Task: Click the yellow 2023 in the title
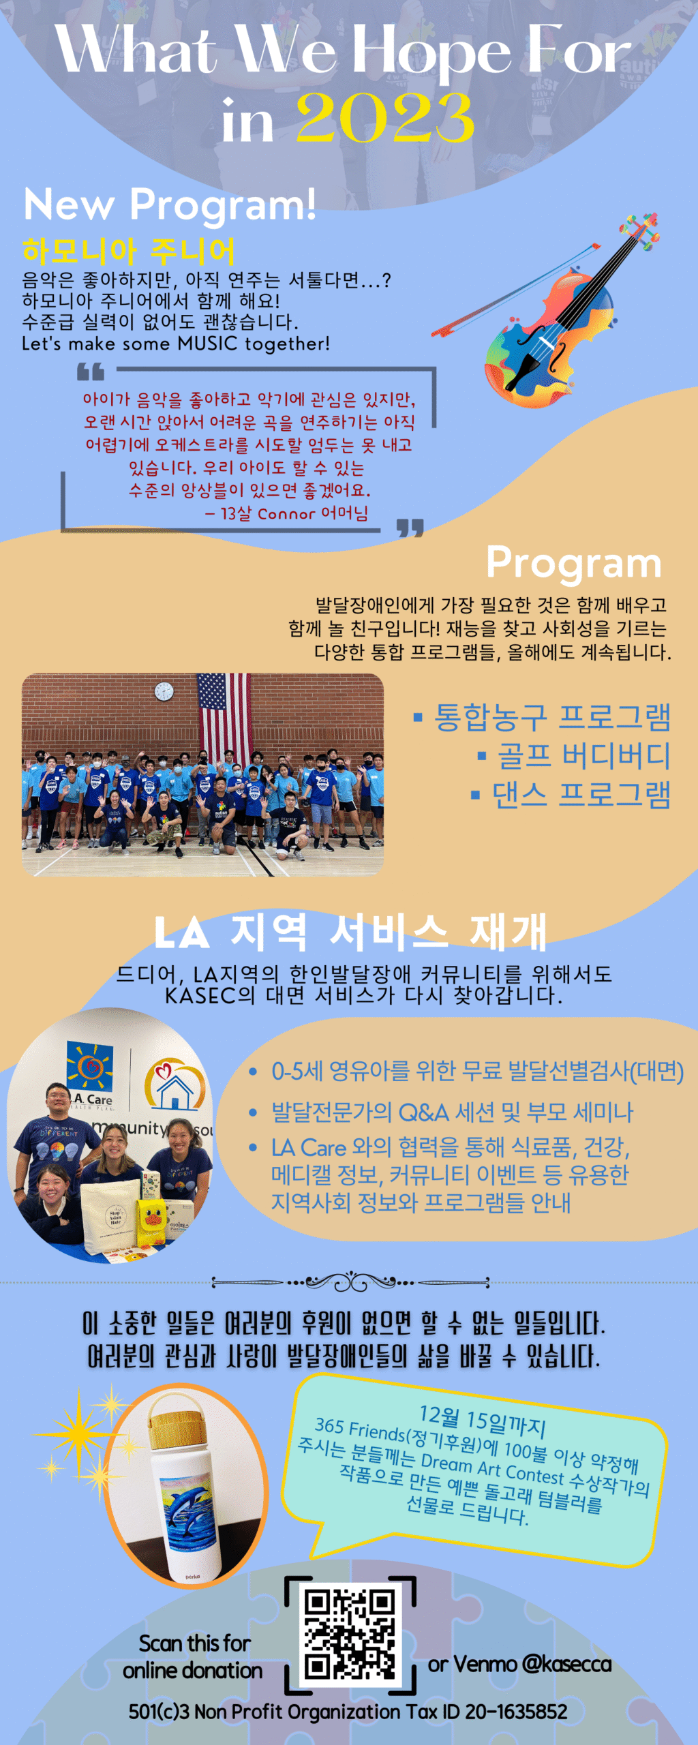[x=385, y=117]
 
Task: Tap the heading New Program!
[x=170, y=204]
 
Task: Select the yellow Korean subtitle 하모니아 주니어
[x=128, y=251]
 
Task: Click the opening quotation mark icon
[x=91, y=371]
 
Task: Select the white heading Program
[x=573, y=564]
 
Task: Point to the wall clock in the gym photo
[x=164, y=691]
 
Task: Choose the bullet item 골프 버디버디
[x=574, y=755]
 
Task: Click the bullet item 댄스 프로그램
[x=571, y=794]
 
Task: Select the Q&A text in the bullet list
[x=423, y=1112]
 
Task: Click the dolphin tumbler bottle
[x=184, y=1486]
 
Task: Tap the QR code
[x=350, y=1635]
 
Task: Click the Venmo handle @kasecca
[x=566, y=1664]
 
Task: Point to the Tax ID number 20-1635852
[x=516, y=1712]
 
